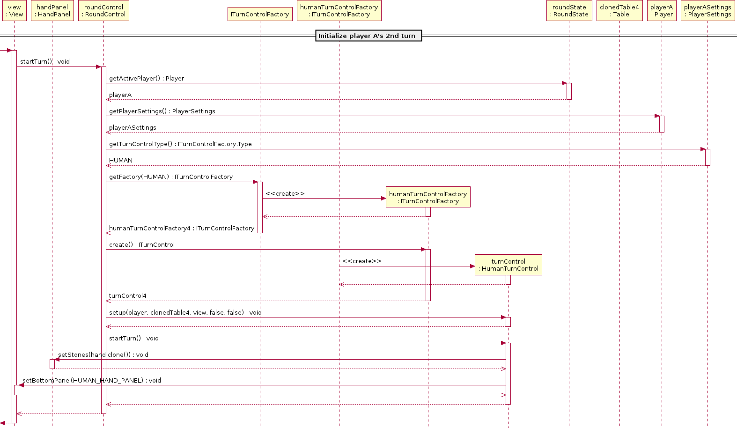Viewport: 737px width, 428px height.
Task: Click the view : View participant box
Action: pyautogui.click(x=15, y=10)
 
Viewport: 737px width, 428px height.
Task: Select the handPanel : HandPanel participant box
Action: pyautogui.click(x=52, y=10)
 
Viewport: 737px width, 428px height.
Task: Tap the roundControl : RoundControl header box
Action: pyautogui.click(x=103, y=10)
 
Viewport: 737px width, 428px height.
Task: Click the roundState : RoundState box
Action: pyautogui.click(x=569, y=10)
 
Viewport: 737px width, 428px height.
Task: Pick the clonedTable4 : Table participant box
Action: pyautogui.click(x=619, y=10)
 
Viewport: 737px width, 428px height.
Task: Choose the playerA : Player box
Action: pyautogui.click(x=662, y=10)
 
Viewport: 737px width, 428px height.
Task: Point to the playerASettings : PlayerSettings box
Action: pyautogui.click(x=708, y=10)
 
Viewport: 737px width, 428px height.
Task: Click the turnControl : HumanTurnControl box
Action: pyautogui.click(x=509, y=265)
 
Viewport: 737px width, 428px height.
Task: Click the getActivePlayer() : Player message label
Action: pyautogui.click(x=147, y=78)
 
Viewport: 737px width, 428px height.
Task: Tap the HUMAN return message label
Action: pyautogui.click(x=121, y=160)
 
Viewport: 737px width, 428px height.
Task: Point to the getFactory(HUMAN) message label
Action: pyautogui.click(x=171, y=177)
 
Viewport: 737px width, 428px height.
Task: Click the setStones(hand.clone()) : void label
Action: pyautogui.click(x=103, y=354)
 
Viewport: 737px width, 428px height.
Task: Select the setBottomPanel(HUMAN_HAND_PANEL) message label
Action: pyautogui.click(x=91, y=380)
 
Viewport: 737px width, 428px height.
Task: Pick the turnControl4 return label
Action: pyautogui.click(x=128, y=295)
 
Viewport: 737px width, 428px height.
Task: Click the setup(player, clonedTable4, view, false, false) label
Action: pyautogui.click(x=185, y=312)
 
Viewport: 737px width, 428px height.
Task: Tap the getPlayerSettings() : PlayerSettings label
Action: pyautogui.click(x=162, y=111)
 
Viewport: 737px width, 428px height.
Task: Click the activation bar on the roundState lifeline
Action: pyautogui.click(x=569, y=91)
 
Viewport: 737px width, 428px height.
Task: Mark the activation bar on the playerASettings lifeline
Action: pyautogui.click(x=708, y=157)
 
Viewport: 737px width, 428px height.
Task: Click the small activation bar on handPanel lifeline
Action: pyautogui.click(x=52, y=364)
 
